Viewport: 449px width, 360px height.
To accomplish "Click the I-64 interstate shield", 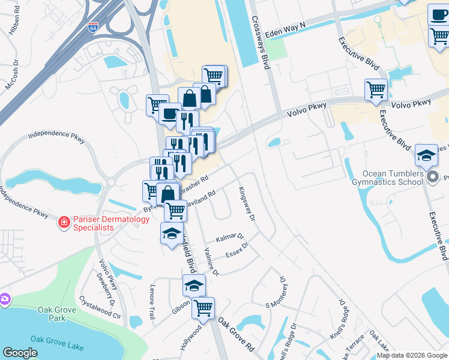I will click(x=92, y=28).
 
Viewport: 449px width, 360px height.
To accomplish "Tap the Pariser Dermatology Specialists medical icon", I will click(x=63, y=223).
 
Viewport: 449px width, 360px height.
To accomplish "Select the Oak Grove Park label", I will click(x=52, y=314).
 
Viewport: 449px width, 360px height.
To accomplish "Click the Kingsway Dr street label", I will click(x=247, y=202).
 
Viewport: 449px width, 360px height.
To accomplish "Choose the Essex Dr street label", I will click(x=237, y=250).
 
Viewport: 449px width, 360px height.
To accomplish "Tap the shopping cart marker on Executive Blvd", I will click(x=376, y=89).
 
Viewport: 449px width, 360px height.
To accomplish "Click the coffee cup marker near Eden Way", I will click(x=438, y=14).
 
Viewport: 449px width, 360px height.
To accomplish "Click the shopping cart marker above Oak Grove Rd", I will click(x=203, y=308).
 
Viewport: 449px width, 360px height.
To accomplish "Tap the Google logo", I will click(x=20, y=353).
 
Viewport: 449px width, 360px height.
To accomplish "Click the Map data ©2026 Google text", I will click(x=412, y=355).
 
